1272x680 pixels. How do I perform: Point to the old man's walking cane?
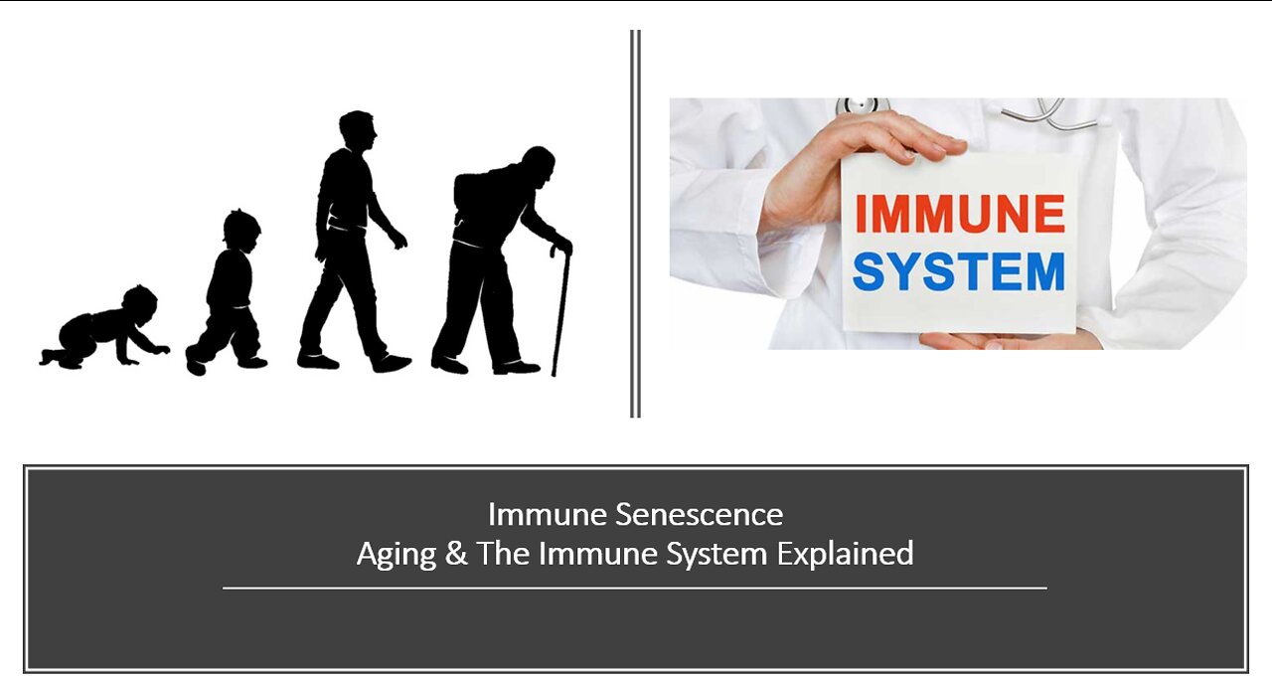click(560, 309)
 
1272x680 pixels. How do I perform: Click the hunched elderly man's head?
click(539, 164)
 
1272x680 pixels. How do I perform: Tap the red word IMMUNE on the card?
click(959, 213)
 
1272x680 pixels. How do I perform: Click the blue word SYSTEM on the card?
click(959, 271)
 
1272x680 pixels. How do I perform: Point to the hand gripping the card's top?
click(864, 165)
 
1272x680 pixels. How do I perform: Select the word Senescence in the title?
click(699, 515)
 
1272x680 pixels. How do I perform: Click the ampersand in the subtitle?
click(456, 554)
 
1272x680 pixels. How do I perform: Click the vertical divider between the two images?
click(635, 224)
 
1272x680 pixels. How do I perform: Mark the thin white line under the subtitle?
click(635, 589)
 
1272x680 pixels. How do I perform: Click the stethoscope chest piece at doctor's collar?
click(862, 105)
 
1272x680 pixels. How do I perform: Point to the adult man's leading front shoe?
click(392, 364)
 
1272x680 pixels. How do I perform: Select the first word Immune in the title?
click(548, 515)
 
